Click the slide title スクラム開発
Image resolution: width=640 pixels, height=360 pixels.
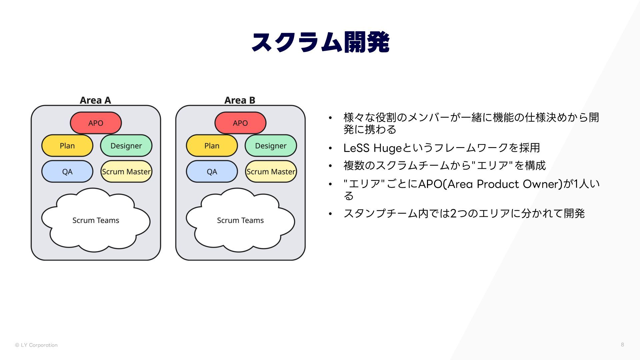coord(320,42)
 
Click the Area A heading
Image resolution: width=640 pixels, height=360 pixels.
coord(95,100)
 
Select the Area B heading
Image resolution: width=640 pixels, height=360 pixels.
coord(240,100)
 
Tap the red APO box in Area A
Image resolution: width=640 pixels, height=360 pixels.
coord(96,123)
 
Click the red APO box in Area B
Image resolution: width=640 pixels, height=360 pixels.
coord(240,123)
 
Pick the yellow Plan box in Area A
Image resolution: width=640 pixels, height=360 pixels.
coord(67,146)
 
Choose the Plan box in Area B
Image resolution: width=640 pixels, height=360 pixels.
coord(212,146)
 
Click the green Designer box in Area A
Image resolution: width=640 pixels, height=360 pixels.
coord(126,146)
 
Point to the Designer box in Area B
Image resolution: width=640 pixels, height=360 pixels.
coord(271,146)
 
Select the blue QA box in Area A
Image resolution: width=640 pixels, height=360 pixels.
coord(67,172)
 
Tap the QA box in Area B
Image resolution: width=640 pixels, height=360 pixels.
coord(212,172)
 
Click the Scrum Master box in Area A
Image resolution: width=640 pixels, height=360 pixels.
coord(126,172)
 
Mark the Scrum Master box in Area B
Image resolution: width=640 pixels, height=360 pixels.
coord(271,172)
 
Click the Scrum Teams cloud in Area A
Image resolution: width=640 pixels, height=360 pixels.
coord(96,220)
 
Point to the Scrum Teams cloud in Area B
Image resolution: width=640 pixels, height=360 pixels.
coord(240,220)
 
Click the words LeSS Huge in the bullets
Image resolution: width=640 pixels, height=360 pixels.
coord(372,148)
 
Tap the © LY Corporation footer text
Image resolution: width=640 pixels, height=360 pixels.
coord(36,345)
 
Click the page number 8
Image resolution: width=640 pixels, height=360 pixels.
coord(622,344)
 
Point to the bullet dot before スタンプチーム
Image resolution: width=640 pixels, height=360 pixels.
coord(330,214)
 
